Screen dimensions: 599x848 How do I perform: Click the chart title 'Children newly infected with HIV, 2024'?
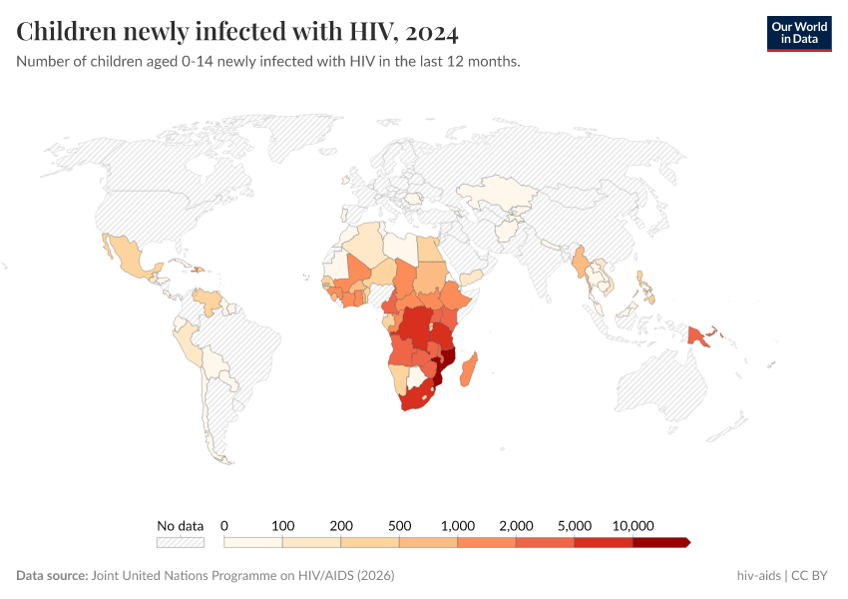[x=237, y=32]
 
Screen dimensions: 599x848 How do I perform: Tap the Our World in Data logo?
[x=798, y=33]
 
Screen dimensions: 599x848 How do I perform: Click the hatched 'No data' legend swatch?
[x=181, y=542]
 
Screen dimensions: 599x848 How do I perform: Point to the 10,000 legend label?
[x=633, y=525]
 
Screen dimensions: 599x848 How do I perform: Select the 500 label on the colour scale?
[x=400, y=525]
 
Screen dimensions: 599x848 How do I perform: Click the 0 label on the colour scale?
[x=224, y=525]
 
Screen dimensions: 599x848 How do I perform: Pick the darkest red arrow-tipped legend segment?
[x=660, y=542]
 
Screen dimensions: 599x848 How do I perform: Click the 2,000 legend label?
[x=516, y=525]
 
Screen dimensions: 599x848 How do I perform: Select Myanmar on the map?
[x=580, y=265]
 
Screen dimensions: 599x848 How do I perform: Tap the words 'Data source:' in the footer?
[x=52, y=576]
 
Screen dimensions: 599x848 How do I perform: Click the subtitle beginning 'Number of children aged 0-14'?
[x=267, y=62]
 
